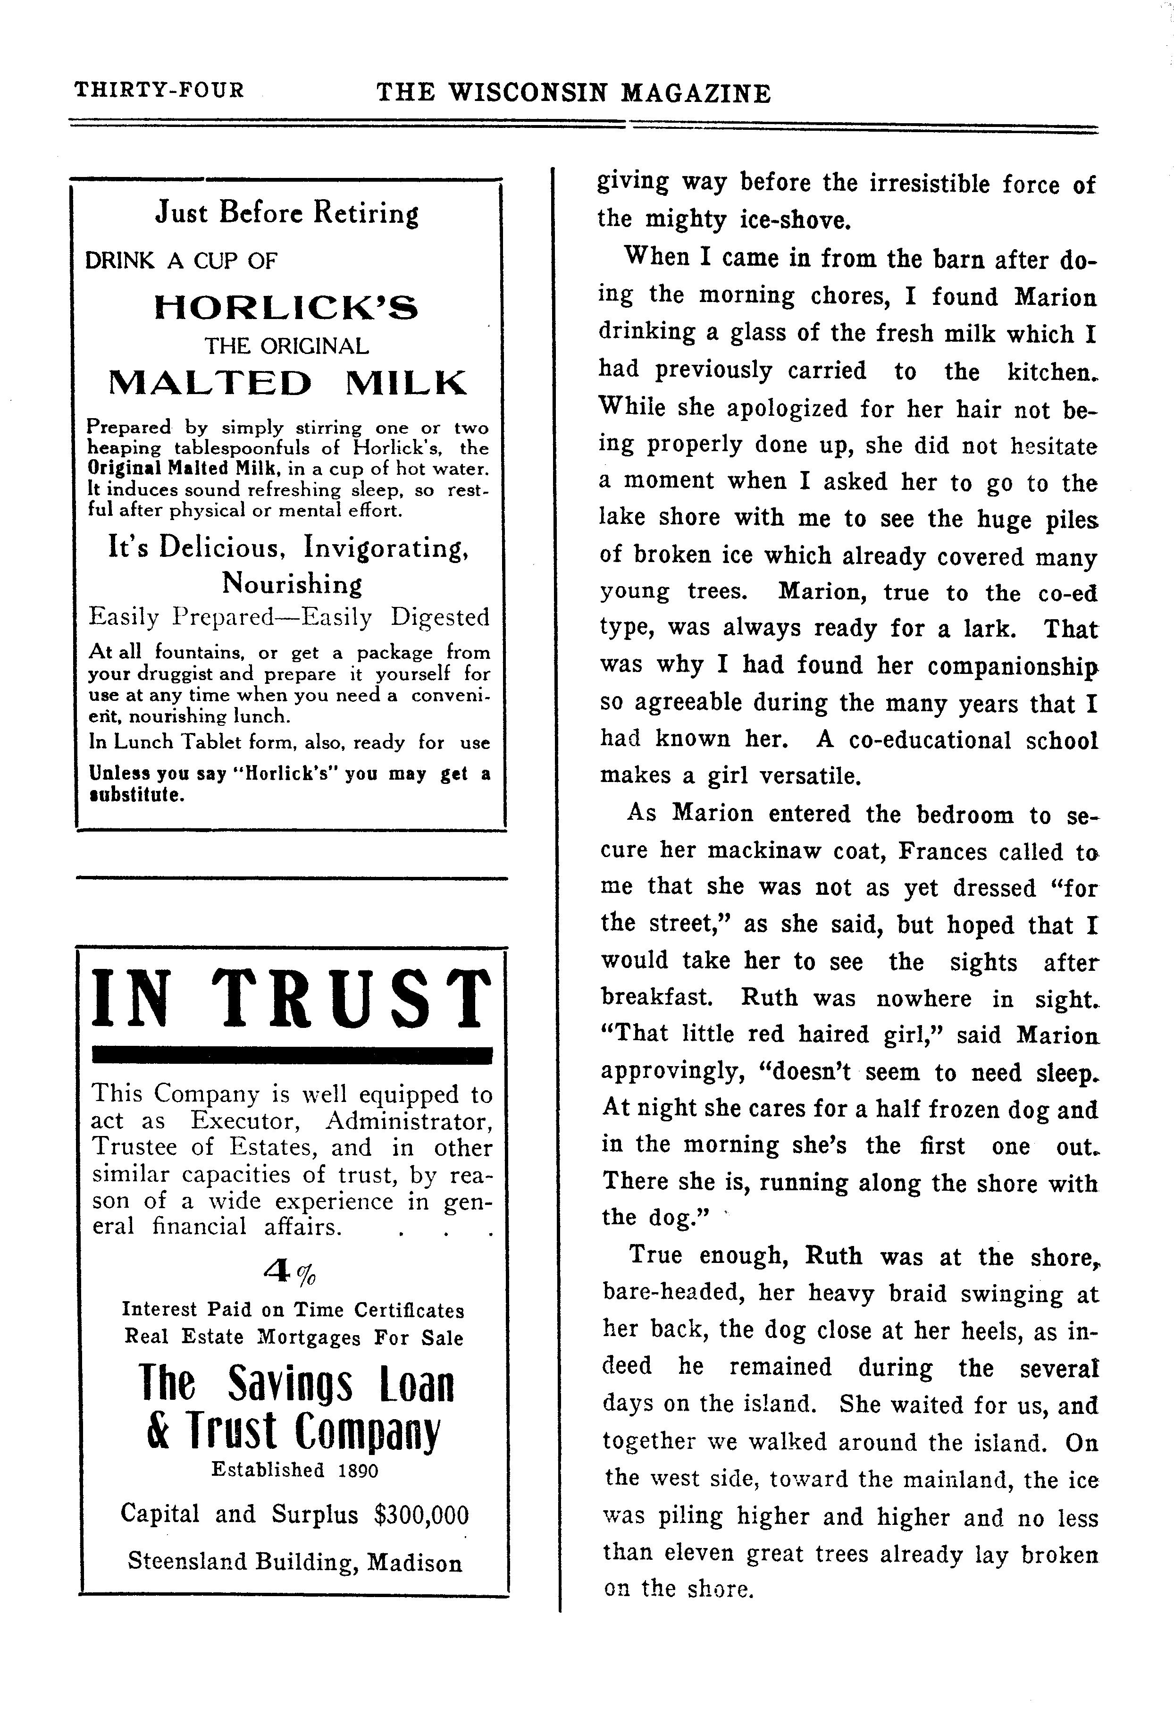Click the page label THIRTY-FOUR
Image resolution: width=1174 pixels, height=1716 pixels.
pyautogui.click(x=159, y=90)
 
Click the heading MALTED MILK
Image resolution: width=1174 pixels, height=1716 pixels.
pyautogui.click(x=287, y=382)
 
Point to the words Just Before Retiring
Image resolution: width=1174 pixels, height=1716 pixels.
pyautogui.click(x=286, y=213)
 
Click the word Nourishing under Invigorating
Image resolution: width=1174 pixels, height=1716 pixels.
pyautogui.click(x=293, y=584)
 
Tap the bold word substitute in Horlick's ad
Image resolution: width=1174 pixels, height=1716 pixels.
pyautogui.click(x=136, y=795)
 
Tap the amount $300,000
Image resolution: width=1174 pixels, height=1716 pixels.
pyautogui.click(x=421, y=1515)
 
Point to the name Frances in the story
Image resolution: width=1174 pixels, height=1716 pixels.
pyautogui.click(x=942, y=851)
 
